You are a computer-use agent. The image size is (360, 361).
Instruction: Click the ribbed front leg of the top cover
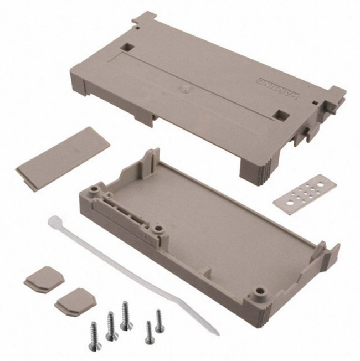[256, 167]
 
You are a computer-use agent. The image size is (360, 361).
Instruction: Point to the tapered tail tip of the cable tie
[215, 332]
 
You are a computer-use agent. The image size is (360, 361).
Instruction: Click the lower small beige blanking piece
[70, 298]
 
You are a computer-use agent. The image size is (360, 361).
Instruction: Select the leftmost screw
[95, 332]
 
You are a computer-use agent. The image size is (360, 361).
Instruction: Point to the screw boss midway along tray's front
[159, 229]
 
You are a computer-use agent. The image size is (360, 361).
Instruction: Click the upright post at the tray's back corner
[151, 160]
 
